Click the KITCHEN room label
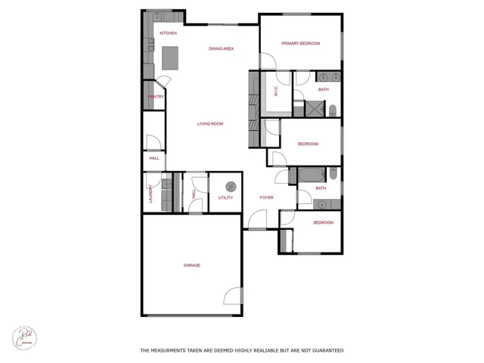pyautogui.click(x=168, y=33)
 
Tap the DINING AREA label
pyautogui.click(x=221, y=48)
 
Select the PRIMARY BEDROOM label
pyautogui.click(x=300, y=43)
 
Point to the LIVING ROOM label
pyautogui.click(x=210, y=124)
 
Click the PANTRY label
pyautogui.click(x=156, y=96)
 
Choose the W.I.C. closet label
pyautogui.click(x=276, y=92)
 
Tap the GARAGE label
pyautogui.click(x=192, y=265)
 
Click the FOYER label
pyautogui.click(x=266, y=197)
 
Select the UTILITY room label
pyautogui.click(x=225, y=197)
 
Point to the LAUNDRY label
pyautogui.click(x=151, y=193)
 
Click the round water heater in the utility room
pyautogui.click(x=231, y=185)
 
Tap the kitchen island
pyautogui.click(x=170, y=57)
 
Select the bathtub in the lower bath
pyautogui.click(x=309, y=176)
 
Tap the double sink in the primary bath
pyautogui.click(x=328, y=76)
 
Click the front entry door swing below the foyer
pyautogui.click(x=255, y=221)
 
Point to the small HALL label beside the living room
pyautogui.click(x=154, y=158)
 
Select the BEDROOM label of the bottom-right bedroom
pyautogui.click(x=324, y=222)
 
